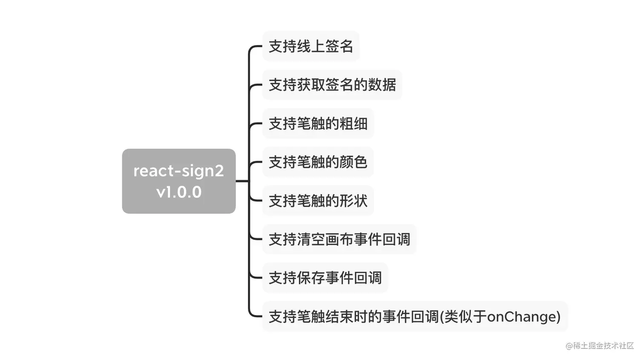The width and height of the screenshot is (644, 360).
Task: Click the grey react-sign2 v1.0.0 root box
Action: [178, 181]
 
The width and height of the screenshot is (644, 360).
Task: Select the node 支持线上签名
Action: [310, 46]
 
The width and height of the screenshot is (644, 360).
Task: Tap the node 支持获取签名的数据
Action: [332, 85]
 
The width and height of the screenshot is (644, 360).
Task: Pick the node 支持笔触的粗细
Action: [318, 124]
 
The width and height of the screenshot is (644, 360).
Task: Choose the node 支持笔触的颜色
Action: [318, 162]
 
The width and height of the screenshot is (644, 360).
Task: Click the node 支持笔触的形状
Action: [318, 201]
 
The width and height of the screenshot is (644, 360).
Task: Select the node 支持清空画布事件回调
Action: [339, 239]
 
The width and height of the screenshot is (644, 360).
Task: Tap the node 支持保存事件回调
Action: [325, 278]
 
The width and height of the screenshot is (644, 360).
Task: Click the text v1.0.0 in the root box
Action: [179, 192]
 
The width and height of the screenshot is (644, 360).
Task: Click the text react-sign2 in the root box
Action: [178, 171]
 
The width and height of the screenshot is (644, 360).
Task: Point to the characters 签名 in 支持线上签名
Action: [339, 46]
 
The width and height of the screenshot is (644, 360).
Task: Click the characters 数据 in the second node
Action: [382, 85]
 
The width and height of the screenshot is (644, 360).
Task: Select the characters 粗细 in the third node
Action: [354, 124]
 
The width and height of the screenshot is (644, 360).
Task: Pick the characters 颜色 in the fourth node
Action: [354, 162]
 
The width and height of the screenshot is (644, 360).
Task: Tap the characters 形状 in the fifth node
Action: [354, 201]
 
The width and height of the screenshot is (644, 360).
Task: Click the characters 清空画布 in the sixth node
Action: [325, 239]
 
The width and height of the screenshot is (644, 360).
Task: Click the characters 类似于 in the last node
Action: [465, 317]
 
